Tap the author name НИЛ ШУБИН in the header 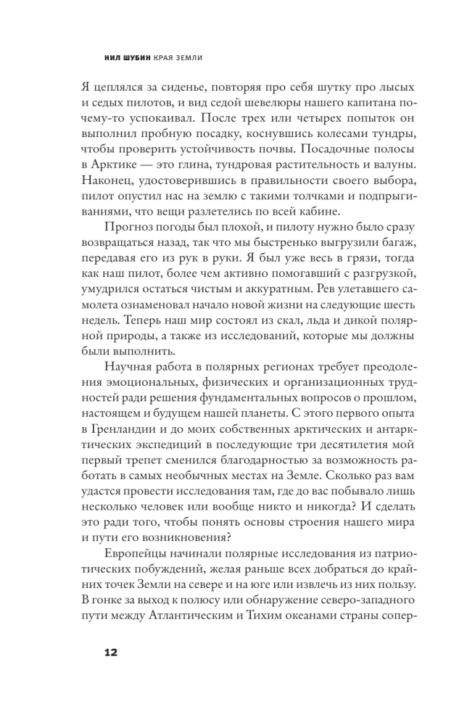[x=133, y=57]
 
